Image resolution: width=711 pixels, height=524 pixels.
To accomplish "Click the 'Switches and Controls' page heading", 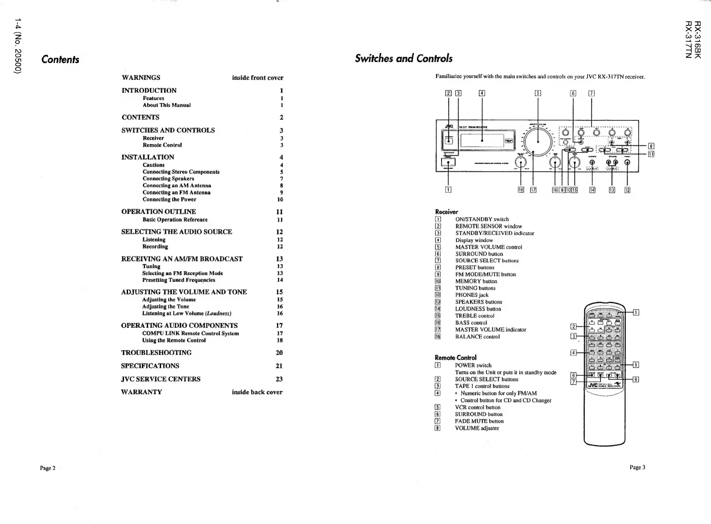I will (403, 58).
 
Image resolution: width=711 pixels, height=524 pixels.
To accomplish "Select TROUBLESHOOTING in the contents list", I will (156, 352).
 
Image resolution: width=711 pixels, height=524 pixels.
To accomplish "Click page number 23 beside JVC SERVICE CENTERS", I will (279, 379).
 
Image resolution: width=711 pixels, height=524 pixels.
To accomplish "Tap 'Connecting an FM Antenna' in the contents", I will (176, 193).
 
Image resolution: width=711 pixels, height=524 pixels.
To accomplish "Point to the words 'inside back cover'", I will (257, 392).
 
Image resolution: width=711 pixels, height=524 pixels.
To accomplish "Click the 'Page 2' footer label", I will (48, 468).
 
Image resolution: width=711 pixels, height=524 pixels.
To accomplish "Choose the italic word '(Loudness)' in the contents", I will (218, 314).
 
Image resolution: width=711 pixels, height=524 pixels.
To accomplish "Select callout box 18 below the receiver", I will (521, 190).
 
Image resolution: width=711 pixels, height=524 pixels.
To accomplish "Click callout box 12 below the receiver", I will (627, 190).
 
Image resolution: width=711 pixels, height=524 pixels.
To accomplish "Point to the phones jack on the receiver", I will (627, 162).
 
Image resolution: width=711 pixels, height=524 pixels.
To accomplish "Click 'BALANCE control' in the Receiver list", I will (477, 337).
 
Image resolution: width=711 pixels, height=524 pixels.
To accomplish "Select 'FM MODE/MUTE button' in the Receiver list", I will (485, 274).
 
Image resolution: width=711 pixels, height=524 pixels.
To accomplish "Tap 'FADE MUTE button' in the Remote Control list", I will (479, 421).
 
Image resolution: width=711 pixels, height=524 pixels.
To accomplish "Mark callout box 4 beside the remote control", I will (574, 352).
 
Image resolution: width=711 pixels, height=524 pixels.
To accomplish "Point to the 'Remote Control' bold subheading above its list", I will (455, 357).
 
